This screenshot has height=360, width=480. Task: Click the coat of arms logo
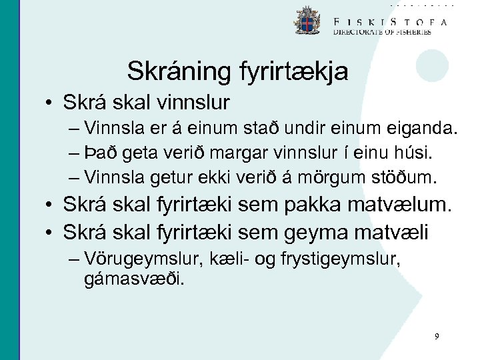point(307,21)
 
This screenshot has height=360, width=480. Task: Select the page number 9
point(437,337)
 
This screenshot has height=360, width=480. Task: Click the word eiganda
point(423,129)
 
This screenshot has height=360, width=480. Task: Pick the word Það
point(102,154)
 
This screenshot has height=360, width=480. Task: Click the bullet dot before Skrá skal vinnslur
point(51,104)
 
